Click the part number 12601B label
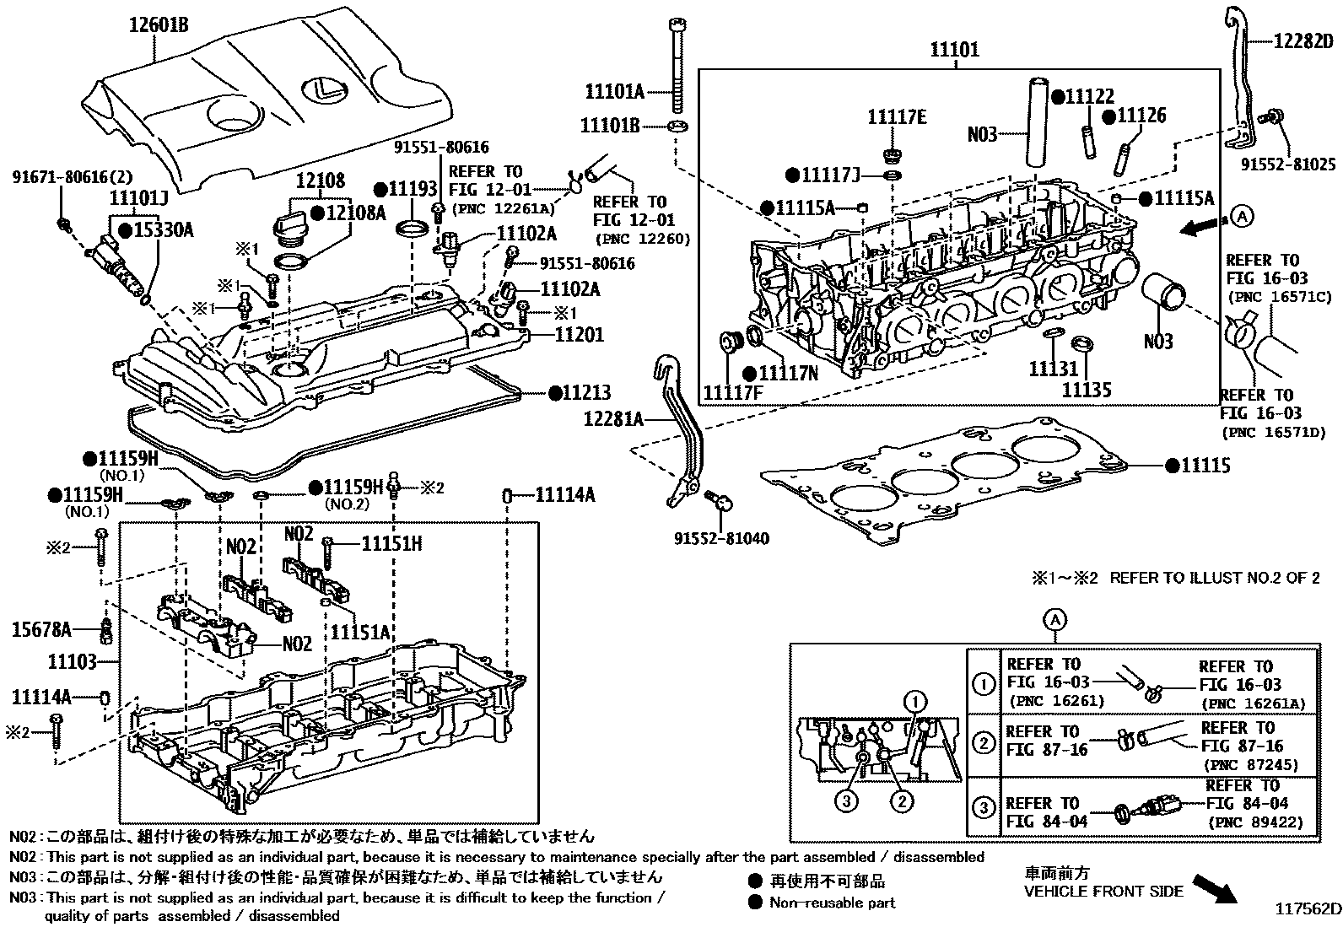[x=158, y=24]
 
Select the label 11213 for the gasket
[x=586, y=393]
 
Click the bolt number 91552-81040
[x=721, y=538]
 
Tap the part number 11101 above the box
[x=955, y=50]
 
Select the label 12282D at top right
[x=1303, y=40]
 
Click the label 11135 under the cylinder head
[x=1086, y=390]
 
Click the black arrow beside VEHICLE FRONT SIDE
[x=1217, y=888]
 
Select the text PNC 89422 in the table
[x=1254, y=822]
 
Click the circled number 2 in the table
[x=984, y=743]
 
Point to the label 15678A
[x=42, y=628]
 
